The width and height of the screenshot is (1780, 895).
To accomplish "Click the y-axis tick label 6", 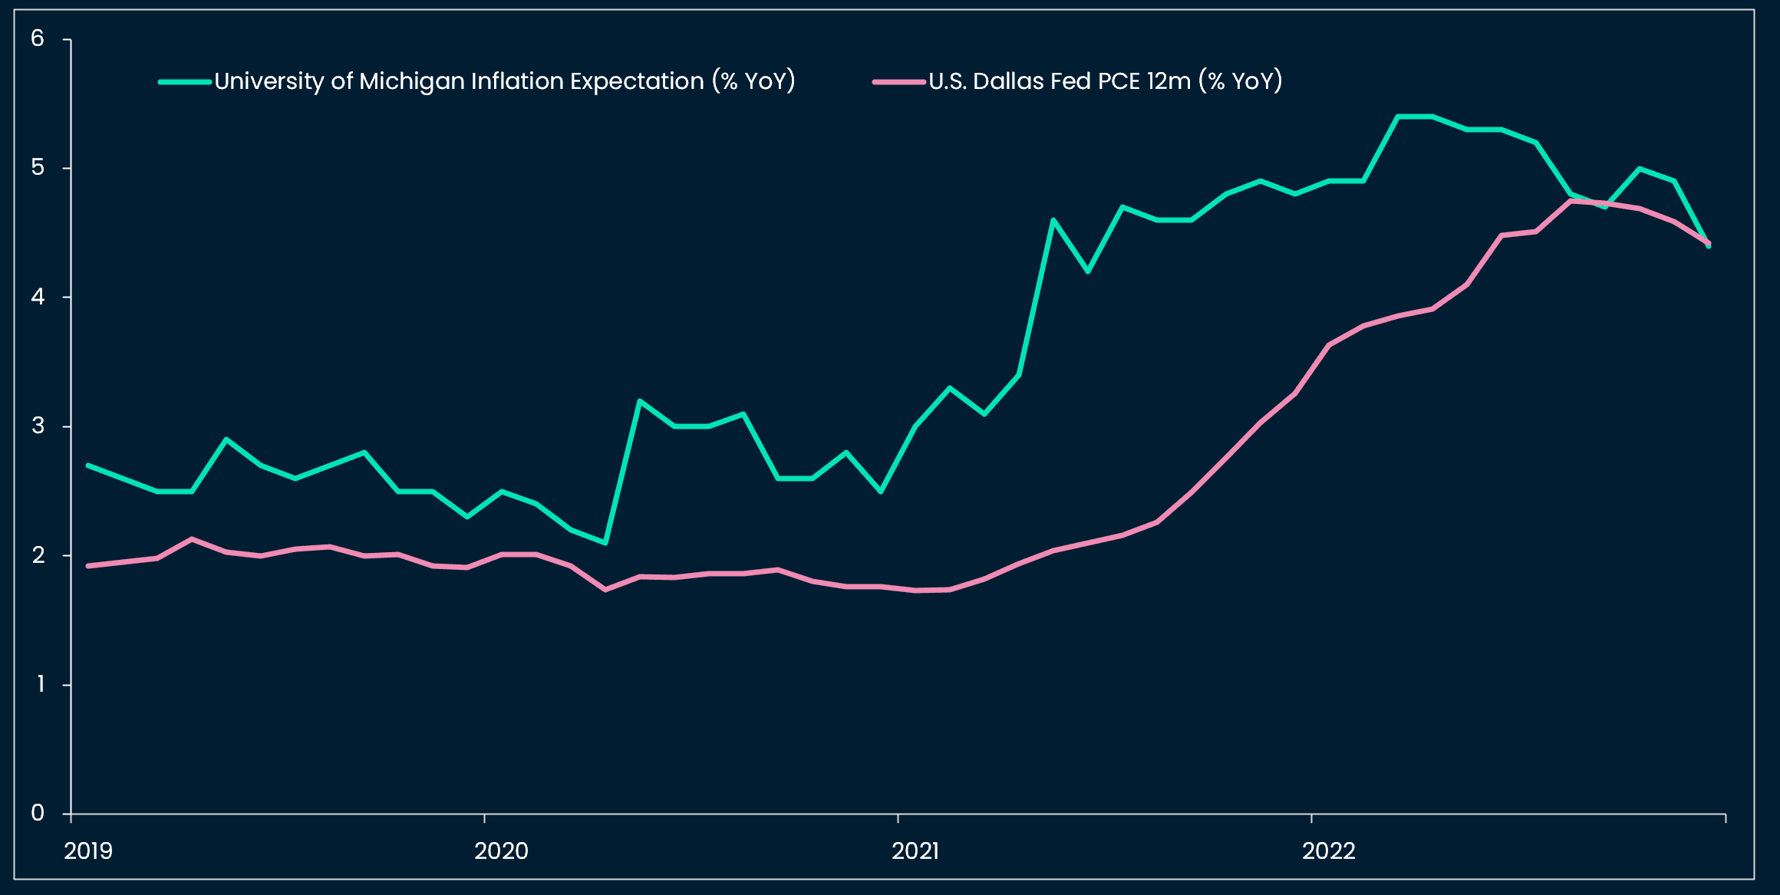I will (x=38, y=38).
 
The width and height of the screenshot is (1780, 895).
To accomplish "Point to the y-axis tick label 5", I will (x=38, y=167).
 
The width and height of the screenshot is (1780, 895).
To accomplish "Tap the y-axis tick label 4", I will (x=38, y=297).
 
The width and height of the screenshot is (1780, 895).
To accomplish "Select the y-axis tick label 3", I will (x=38, y=426).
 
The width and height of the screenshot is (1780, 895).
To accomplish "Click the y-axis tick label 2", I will (x=38, y=555).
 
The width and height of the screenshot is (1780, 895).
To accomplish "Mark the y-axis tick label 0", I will (x=38, y=813).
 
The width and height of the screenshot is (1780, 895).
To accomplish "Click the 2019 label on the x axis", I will (x=88, y=851).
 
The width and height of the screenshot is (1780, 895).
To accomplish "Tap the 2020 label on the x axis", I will (x=501, y=851).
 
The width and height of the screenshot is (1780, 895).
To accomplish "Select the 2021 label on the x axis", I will (x=915, y=851).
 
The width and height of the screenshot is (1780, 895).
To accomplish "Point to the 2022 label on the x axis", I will (x=1329, y=851).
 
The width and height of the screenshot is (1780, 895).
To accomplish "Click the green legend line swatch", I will (x=185, y=81).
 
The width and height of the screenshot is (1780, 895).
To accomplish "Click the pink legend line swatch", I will (x=898, y=81).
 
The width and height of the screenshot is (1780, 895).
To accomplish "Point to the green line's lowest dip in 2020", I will (x=605, y=543).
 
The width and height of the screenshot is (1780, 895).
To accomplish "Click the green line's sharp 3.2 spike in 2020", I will (x=640, y=400).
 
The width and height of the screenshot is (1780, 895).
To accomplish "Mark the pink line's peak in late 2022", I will (x=1571, y=201).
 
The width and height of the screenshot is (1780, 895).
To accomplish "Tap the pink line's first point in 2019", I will (x=88, y=566).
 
